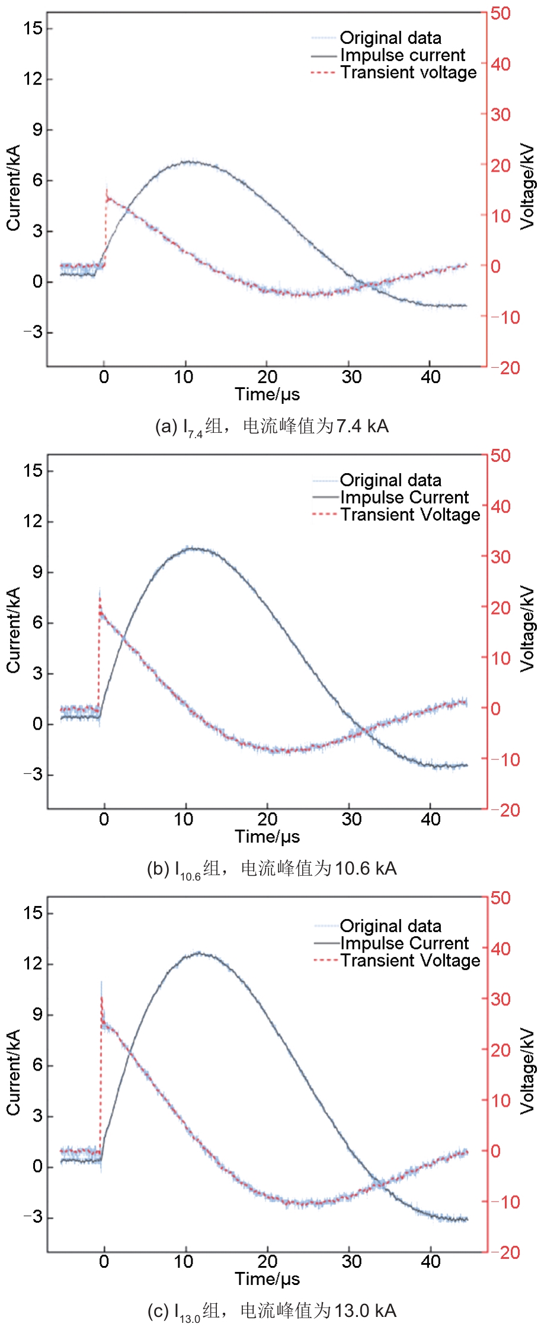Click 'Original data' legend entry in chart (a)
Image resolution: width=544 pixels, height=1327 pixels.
(390, 38)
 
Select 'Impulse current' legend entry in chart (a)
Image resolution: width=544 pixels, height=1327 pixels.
(402, 55)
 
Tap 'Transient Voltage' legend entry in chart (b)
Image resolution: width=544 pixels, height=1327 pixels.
(410, 515)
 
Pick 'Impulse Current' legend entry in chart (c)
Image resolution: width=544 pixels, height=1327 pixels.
(404, 943)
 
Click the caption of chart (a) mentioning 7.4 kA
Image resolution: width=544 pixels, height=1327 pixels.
(271, 426)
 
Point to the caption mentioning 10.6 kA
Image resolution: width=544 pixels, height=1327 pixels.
(271, 869)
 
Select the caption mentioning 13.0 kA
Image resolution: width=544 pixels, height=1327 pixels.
(271, 1311)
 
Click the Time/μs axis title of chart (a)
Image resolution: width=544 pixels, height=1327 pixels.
(267, 394)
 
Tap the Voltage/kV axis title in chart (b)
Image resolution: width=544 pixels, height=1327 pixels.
(527, 629)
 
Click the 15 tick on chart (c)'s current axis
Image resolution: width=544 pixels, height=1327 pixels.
(33, 913)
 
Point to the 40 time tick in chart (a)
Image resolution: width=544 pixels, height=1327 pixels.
(431, 377)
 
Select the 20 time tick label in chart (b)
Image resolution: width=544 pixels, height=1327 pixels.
(267, 820)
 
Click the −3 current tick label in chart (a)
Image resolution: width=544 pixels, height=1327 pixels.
(33, 333)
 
